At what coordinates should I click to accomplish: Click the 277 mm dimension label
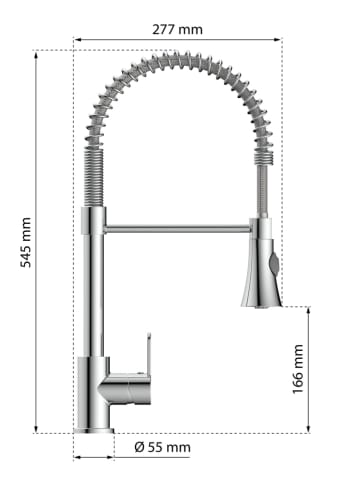click(x=177, y=30)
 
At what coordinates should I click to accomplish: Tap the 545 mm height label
click(x=26, y=242)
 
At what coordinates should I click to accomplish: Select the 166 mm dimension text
click(x=298, y=369)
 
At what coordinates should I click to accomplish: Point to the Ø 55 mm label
click(x=163, y=447)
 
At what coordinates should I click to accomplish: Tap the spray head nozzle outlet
click(x=261, y=304)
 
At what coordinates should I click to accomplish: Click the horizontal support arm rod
click(x=178, y=229)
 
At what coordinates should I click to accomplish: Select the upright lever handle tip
click(x=149, y=334)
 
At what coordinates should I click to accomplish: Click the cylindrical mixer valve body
click(x=127, y=388)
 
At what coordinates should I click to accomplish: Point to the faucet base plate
click(x=94, y=431)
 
